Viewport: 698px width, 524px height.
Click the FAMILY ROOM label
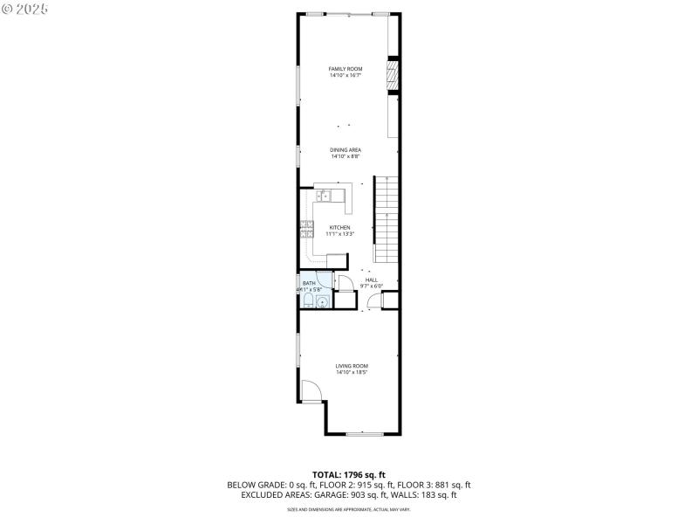pos(346,68)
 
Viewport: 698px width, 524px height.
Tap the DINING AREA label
pos(346,149)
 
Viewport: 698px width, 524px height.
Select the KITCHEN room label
pos(339,227)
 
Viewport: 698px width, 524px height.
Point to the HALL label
pos(372,279)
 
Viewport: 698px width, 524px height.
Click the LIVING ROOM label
pos(352,365)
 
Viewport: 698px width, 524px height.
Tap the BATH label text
pos(309,283)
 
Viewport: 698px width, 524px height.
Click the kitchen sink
pos(324,196)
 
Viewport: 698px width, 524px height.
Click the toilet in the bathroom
pos(309,302)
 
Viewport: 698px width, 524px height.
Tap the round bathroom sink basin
pos(324,302)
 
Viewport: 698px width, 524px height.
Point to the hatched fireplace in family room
pos(393,75)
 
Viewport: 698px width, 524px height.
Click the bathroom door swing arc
pos(344,282)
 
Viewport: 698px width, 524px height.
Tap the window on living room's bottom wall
pos(364,433)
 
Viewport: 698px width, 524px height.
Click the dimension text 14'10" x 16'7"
pos(346,75)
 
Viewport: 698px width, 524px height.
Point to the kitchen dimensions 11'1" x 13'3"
pos(339,234)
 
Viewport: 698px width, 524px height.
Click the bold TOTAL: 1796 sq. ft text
pos(348,474)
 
